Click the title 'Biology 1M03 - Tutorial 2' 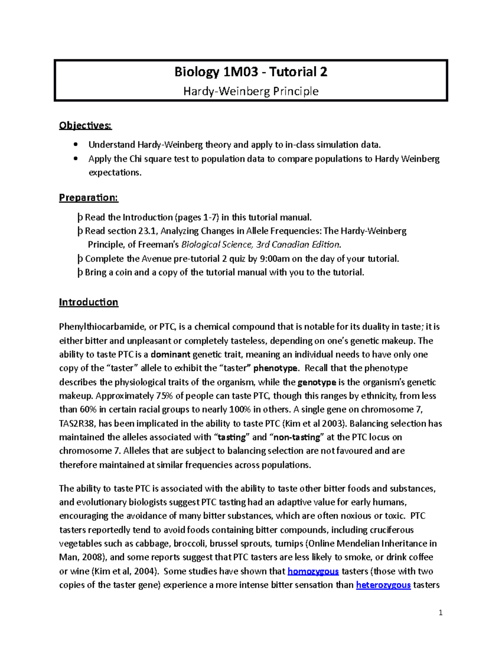pos(251,72)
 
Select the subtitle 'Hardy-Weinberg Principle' pos(251,91)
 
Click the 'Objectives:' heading pos(85,126)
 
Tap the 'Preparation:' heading pos(89,198)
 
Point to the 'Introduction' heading pos(89,302)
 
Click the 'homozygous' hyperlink pos(313,571)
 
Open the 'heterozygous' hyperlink pos(383,585)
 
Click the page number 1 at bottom pos(441,613)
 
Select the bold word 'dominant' pos(170,355)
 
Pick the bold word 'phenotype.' pos(276,368)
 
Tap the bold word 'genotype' pos(317,382)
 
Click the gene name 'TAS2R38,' pos(77,424)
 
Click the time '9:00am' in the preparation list pos(275,259)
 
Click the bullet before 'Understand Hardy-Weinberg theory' pos(75,145)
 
